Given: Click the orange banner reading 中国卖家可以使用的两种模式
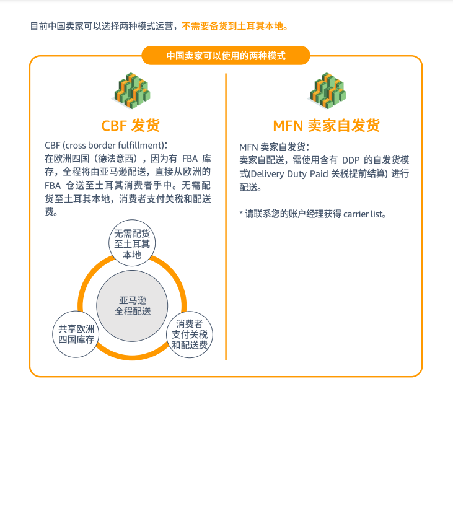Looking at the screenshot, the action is click(226, 56).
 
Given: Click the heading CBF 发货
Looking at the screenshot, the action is click(130, 126).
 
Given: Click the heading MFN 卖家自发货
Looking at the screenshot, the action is click(327, 126).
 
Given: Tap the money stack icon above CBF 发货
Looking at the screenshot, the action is click(131, 90).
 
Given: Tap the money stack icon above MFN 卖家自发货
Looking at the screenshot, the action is click(327, 90).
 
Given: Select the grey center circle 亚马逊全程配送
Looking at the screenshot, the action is click(132, 306).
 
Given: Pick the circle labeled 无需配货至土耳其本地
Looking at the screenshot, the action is click(132, 243).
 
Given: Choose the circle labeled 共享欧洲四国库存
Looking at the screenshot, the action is click(76, 334).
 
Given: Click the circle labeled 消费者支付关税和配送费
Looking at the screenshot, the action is click(190, 334).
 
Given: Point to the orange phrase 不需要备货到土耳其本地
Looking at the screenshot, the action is click(235, 26).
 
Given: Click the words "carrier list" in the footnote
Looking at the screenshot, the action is click(363, 214).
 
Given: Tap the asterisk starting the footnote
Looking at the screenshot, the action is click(241, 213).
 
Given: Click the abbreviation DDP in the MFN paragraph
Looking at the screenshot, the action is click(351, 160).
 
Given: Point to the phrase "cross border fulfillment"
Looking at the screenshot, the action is click(113, 146).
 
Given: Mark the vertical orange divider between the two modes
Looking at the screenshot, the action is click(226, 217).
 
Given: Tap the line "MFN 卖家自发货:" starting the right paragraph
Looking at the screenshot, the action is click(274, 147).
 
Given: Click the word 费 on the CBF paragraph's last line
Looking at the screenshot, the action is click(49, 212).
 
